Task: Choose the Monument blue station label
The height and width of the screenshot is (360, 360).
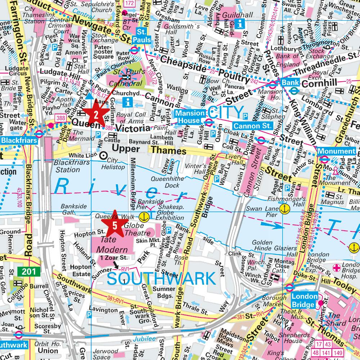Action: pyautogui.click(x=336, y=151)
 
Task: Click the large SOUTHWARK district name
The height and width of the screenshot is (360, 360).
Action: pyautogui.click(x=161, y=278)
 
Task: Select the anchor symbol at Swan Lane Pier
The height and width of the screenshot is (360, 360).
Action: pyautogui.click(x=284, y=208)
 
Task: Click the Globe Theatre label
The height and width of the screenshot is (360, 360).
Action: pyautogui.click(x=134, y=230)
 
